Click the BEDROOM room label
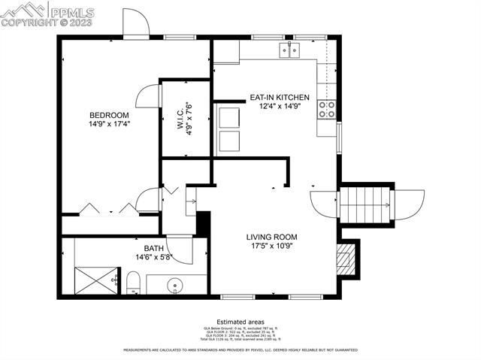click(109, 114)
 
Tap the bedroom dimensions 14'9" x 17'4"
click(109, 124)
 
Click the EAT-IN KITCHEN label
click(280, 97)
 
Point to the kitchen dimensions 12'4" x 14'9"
click(280, 107)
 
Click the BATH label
click(153, 248)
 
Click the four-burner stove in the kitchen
click(327, 110)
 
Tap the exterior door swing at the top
click(135, 25)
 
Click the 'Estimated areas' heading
click(240, 321)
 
